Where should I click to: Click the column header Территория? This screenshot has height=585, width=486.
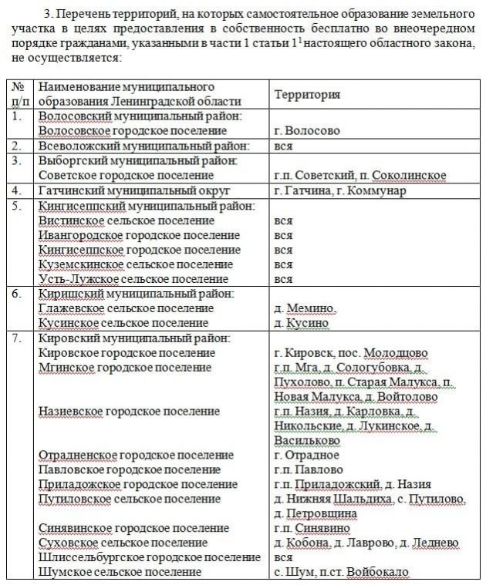tap(308, 93)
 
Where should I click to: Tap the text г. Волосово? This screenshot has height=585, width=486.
tap(306, 130)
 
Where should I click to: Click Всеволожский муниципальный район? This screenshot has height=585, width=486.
tap(144, 145)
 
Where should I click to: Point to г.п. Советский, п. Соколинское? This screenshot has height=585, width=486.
tap(359, 175)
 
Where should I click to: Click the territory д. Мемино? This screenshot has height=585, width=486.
tap(305, 308)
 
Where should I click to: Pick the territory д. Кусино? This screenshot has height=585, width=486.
tap(302, 323)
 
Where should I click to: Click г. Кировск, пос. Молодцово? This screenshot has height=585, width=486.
tap(351, 353)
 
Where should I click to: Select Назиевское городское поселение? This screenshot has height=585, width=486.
tap(129, 412)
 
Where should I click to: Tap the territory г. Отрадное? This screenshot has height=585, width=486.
tap(306, 455)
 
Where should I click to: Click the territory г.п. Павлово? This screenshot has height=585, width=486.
tap(309, 469)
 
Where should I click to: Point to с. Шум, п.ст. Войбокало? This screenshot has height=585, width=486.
tap(340, 572)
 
